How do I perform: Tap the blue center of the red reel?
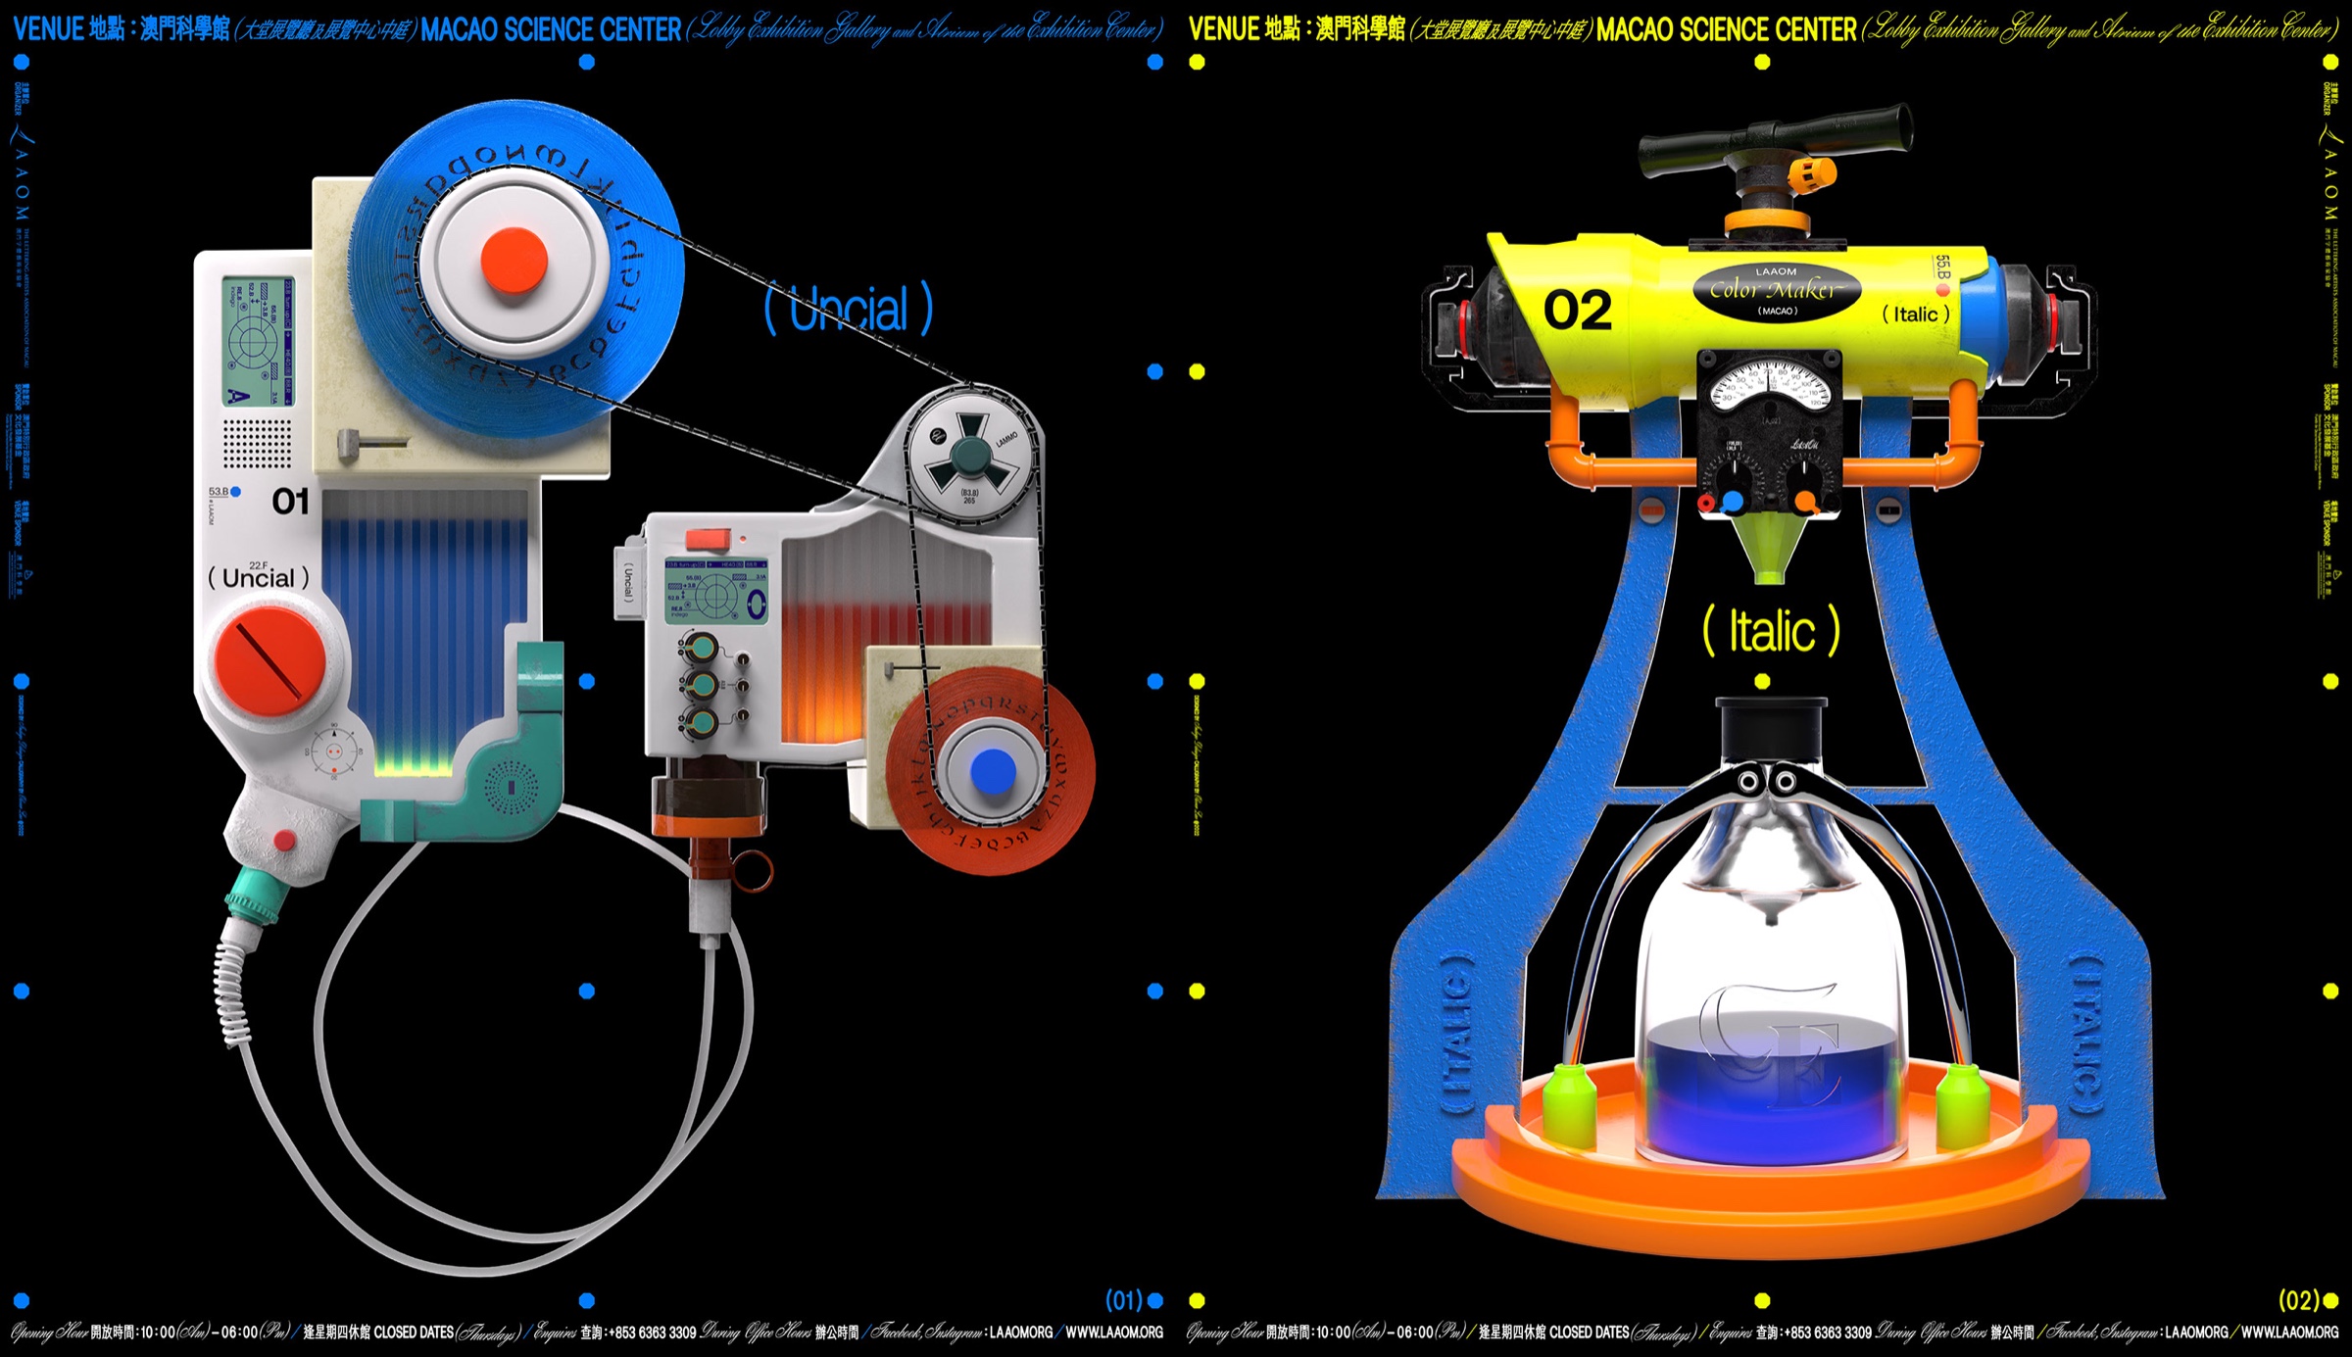click(x=992, y=771)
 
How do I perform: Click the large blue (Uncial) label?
click(x=849, y=309)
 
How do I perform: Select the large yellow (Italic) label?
click(x=1771, y=631)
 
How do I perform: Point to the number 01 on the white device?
click(x=290, y=502)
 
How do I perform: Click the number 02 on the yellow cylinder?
click(x=1577, y=311)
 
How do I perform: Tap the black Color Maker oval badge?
click(x=1777, y=290)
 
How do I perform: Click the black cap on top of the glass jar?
click(x=1770, y=723)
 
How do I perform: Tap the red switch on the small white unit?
click(x=708, y=539)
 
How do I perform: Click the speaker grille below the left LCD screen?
click(x=257, y=444)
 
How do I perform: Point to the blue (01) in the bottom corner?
click(x=1124, y=1300)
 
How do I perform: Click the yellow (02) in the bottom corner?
click(x=2298, y=1300)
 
